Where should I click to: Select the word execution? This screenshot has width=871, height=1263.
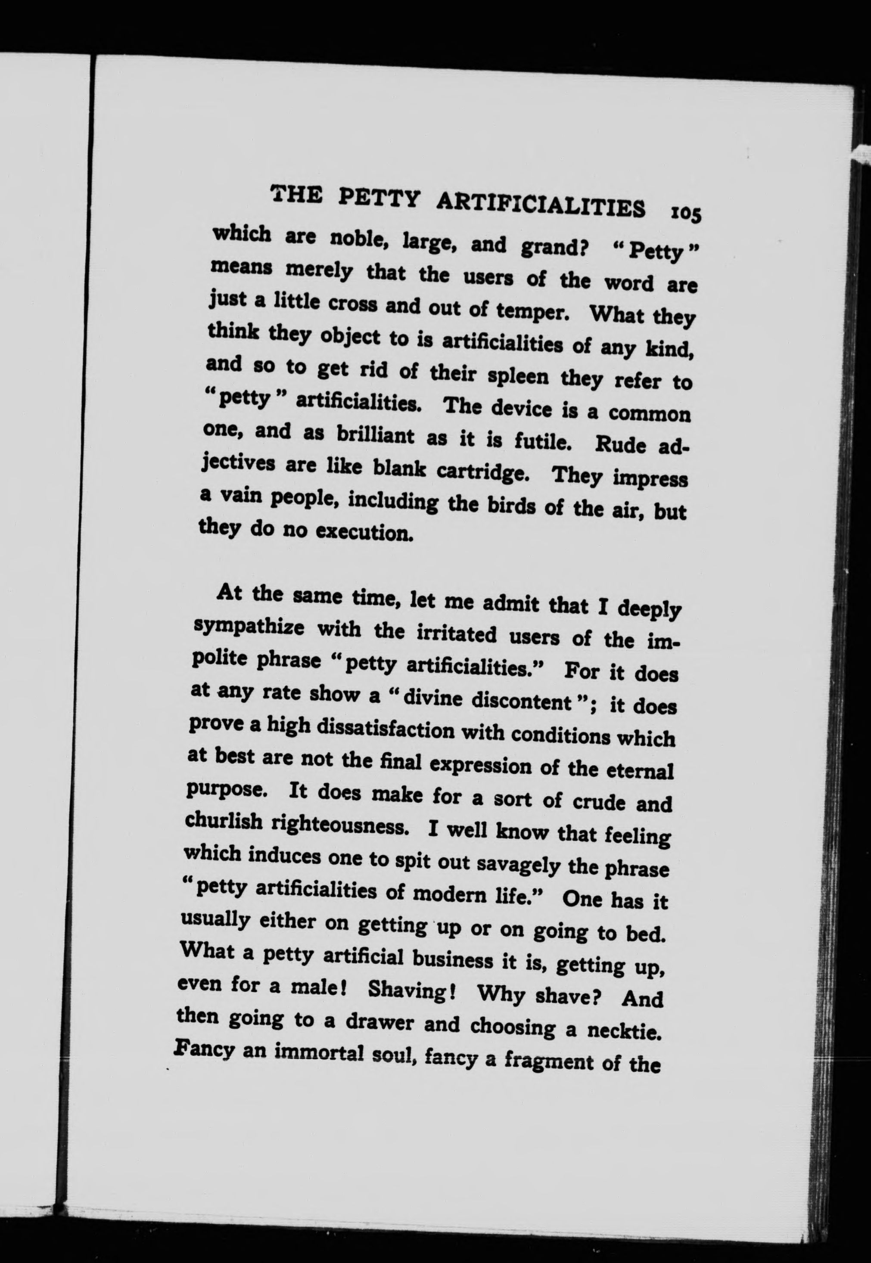pos(362,531)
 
